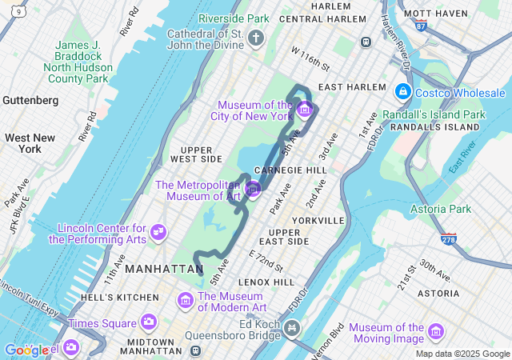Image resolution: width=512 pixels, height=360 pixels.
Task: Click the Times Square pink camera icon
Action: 148,322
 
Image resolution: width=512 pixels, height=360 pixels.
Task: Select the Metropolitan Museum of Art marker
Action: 254,189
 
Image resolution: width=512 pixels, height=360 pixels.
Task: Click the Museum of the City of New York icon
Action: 304,109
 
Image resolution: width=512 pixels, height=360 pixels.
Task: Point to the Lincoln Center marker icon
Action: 158,232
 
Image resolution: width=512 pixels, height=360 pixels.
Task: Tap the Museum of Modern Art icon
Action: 185,301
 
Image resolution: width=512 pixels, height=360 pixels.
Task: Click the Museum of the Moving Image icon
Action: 436,331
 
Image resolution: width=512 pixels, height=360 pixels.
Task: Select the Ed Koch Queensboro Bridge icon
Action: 293,327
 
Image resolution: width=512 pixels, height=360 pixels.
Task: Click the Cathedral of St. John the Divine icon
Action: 255,38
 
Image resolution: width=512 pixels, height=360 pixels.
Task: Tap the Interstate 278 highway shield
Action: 449,239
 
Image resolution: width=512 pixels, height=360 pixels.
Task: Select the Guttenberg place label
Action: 30,101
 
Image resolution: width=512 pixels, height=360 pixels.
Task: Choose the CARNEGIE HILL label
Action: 290,171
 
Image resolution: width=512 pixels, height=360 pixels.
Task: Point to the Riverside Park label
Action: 234,18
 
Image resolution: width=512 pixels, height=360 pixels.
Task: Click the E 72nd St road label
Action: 266,259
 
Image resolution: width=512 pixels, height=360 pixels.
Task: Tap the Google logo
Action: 26,350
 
